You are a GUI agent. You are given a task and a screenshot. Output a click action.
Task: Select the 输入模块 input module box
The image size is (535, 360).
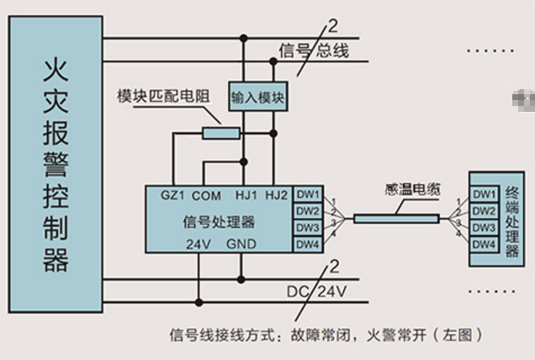(258, 98)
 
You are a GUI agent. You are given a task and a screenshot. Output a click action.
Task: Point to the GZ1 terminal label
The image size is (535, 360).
(172, 195)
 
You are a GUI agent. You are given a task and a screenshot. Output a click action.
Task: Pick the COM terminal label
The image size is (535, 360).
(206, 195)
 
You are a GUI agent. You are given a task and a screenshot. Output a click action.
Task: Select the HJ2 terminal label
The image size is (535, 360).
(277, 195)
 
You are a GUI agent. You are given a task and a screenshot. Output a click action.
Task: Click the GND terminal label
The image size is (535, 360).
(241, 245)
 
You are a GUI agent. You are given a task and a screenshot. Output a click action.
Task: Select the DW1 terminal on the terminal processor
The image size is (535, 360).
(484, 194)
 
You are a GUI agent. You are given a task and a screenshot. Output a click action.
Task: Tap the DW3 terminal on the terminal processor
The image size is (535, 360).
(484, 228)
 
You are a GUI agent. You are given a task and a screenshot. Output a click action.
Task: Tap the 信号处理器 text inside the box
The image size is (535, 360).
(219, 222)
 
